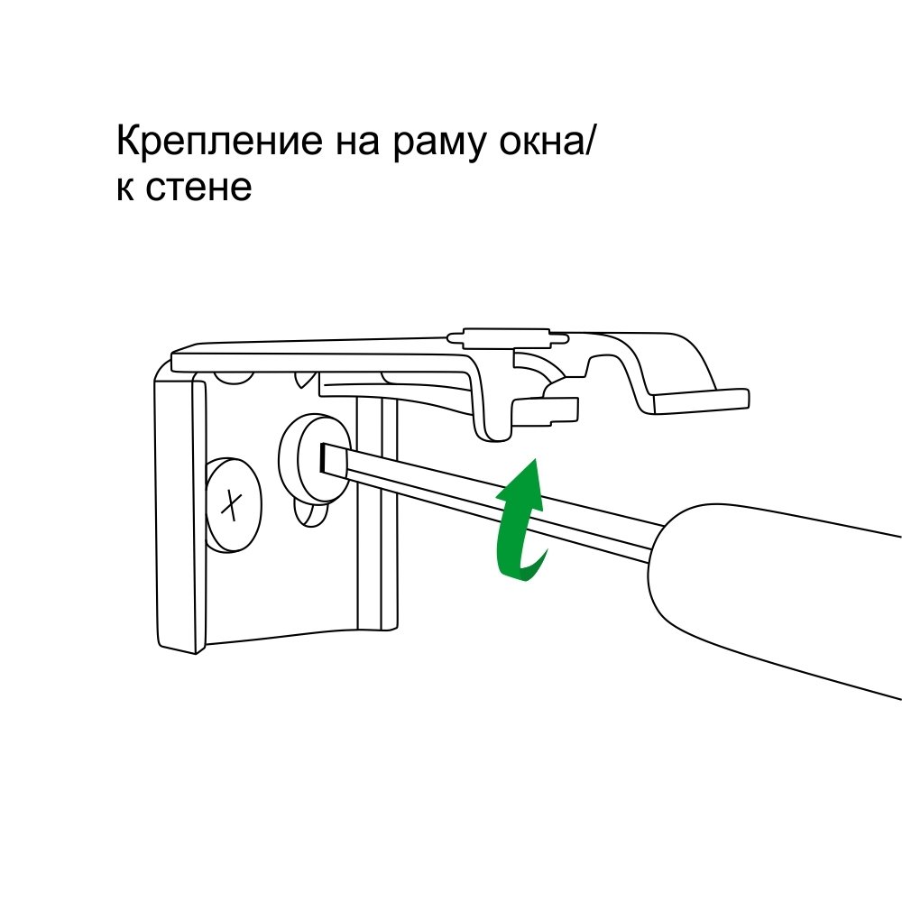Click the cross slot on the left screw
tap(232, 504)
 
